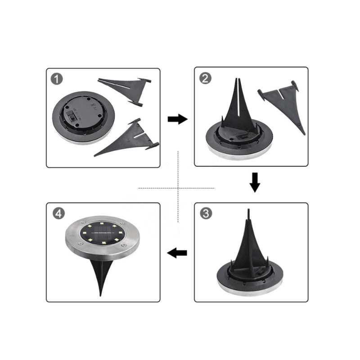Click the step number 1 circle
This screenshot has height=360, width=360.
tap(57, 79)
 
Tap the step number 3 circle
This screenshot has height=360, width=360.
tap(205, 213)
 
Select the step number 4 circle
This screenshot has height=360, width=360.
tap(58, 213)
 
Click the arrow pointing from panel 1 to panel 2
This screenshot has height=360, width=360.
tap(177, 119)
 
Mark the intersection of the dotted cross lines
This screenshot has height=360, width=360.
tap(179, 187)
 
